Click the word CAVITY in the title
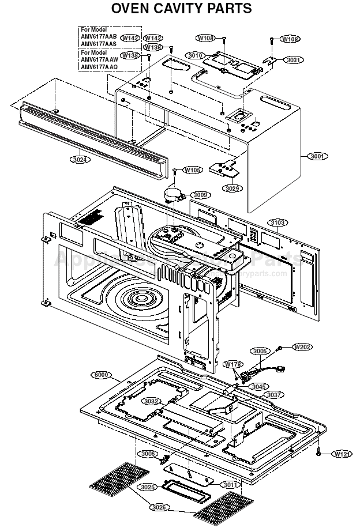[x=183, y=9]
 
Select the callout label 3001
[x=317, y=156]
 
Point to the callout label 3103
[x=278, y=222]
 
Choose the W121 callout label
[x=342, y=454]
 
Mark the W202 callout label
[x=302, y=347]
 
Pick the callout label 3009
[x=200, y=195]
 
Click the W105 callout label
[x=193, y=170]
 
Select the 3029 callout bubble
[x=232, y=188]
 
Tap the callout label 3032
[x=152, y=401]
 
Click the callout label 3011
[x=231, y=485]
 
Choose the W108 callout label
[x=290, y=39]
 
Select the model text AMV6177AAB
[x=99, y=36]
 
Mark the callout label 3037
[x=274, y=395]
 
